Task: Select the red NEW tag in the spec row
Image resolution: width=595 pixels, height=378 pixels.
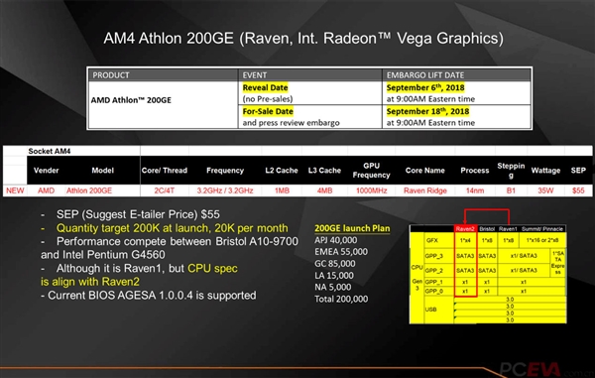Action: [15, 189]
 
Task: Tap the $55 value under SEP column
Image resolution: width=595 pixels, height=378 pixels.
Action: [577, 189]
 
